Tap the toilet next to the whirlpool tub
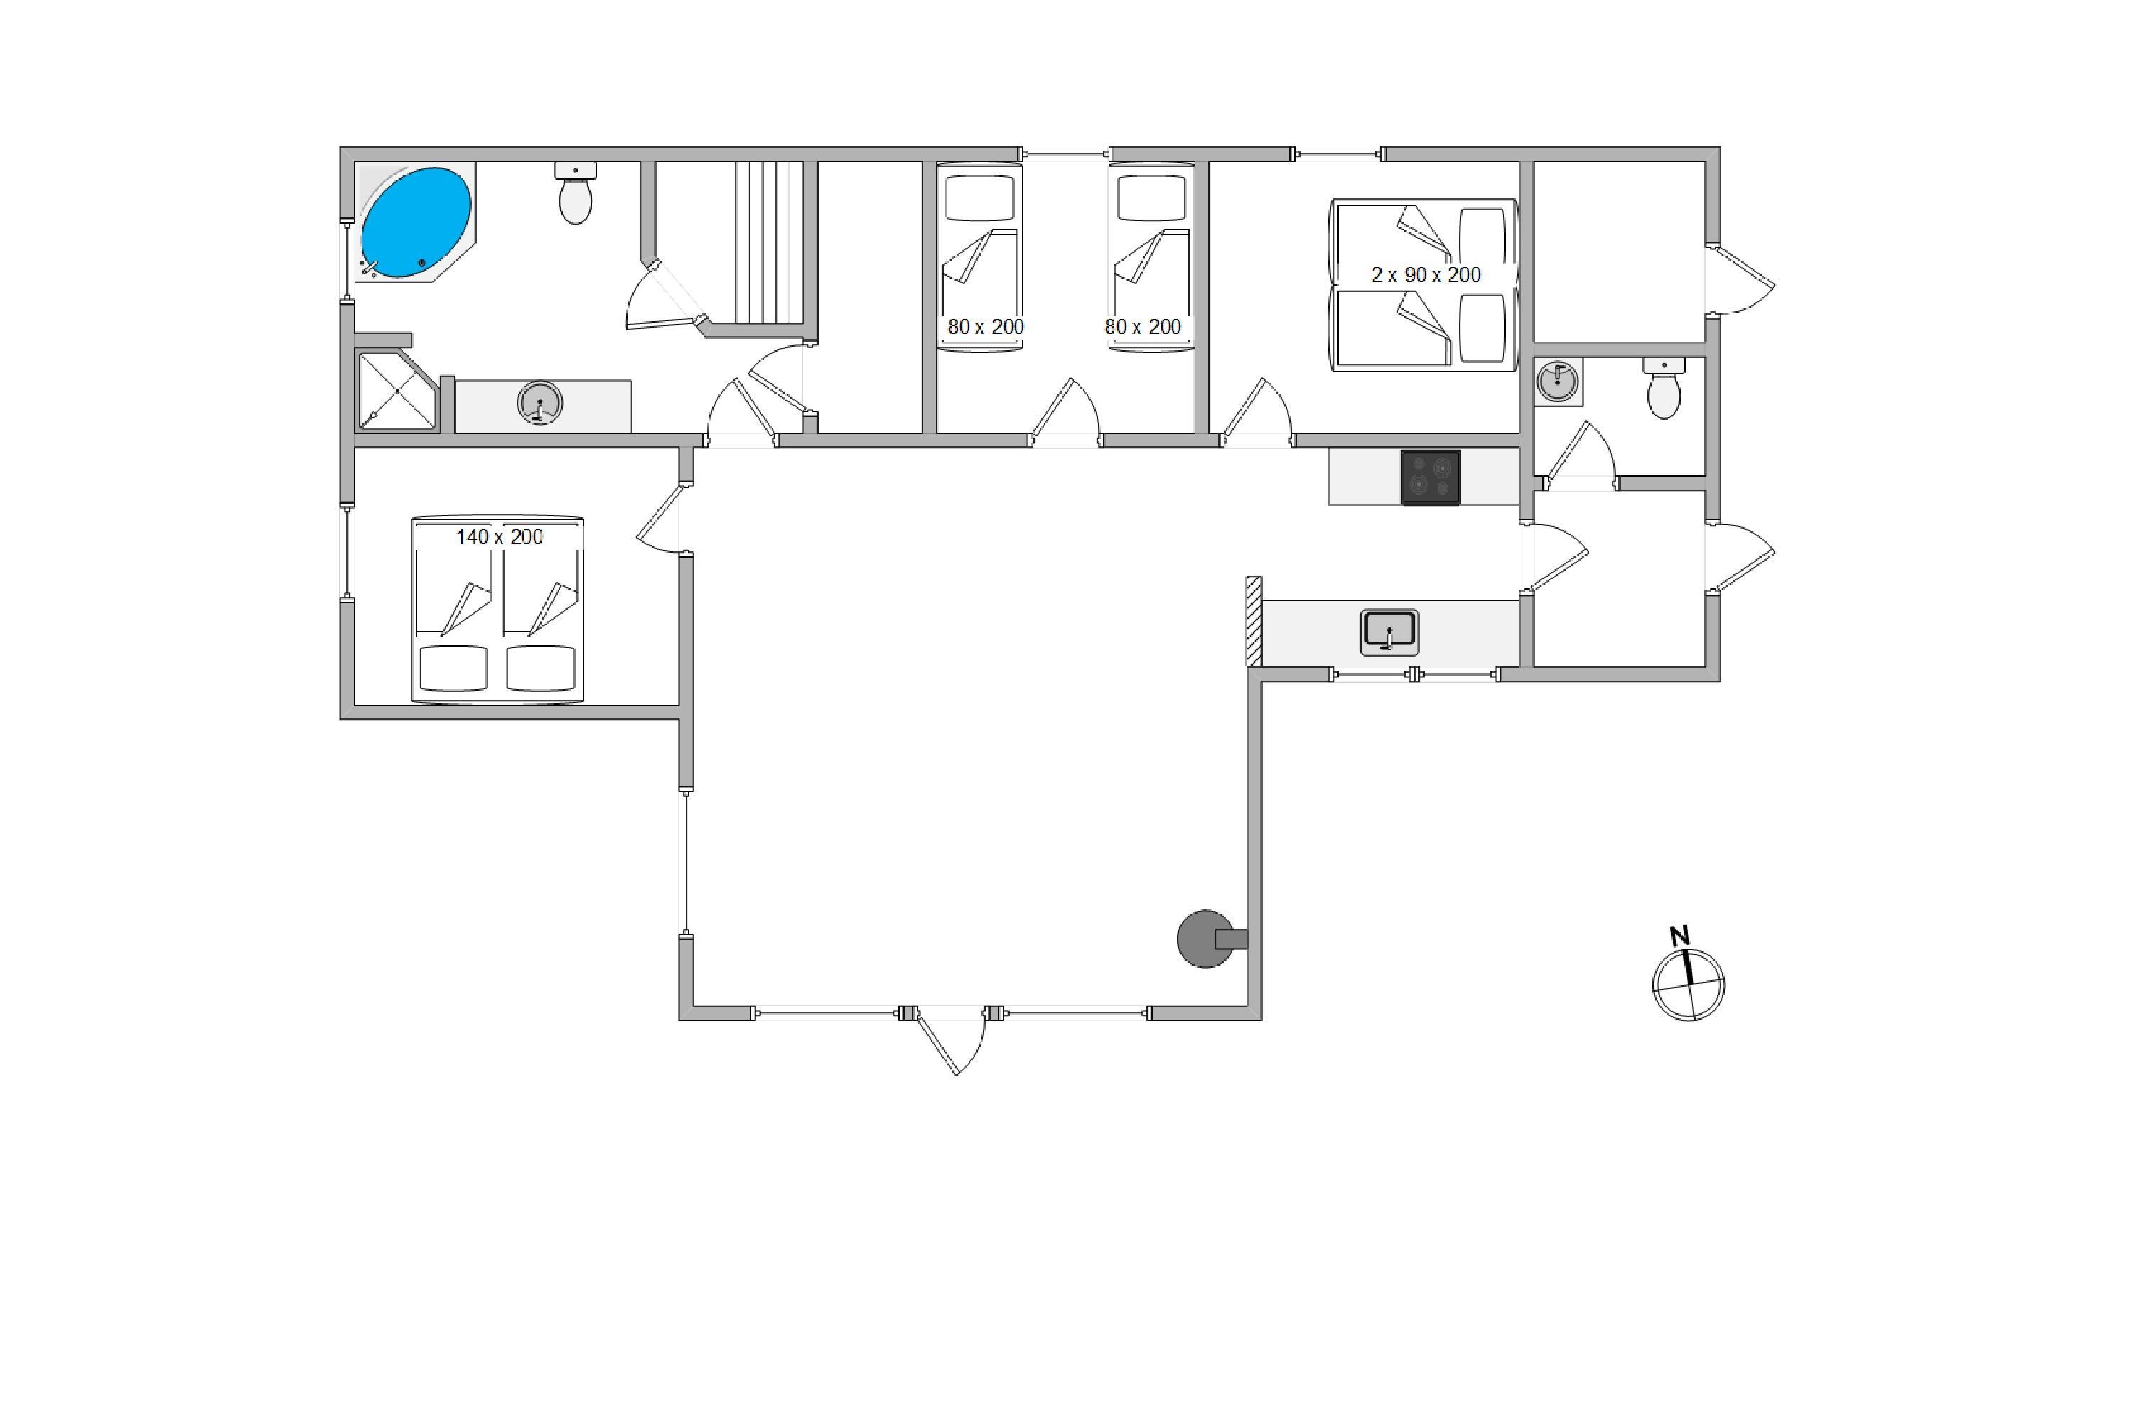[x=576, y=193]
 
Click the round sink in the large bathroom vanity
[x=540, y=404]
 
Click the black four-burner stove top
[x=1431, y=477]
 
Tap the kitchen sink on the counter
[x=1389, y=632]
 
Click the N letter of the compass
[x=1680, y=936]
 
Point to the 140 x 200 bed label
[x=500, y=537]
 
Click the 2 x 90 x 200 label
[x=1426, y=274]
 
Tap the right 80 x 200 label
[x=1143, y=326]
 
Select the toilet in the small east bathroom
[x=1664, y=388]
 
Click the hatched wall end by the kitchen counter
[x=1254, y=622]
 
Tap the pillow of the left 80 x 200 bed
[x=979, y=198]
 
